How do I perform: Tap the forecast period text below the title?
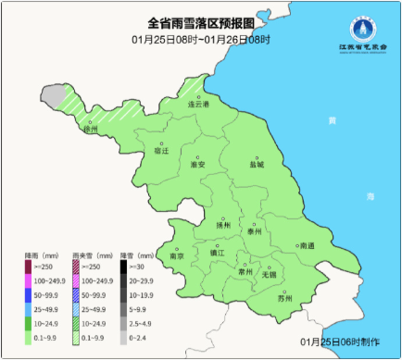tap(200, 39)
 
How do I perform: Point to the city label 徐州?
tap(90, 130)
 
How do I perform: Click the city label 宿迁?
tap(161, 151)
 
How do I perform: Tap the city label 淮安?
tap(196, 164)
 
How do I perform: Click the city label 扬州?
tap(221, 225)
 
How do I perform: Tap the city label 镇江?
tap(217, 253)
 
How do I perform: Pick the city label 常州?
tap(245, 273)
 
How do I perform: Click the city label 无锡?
tap(270, 275)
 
